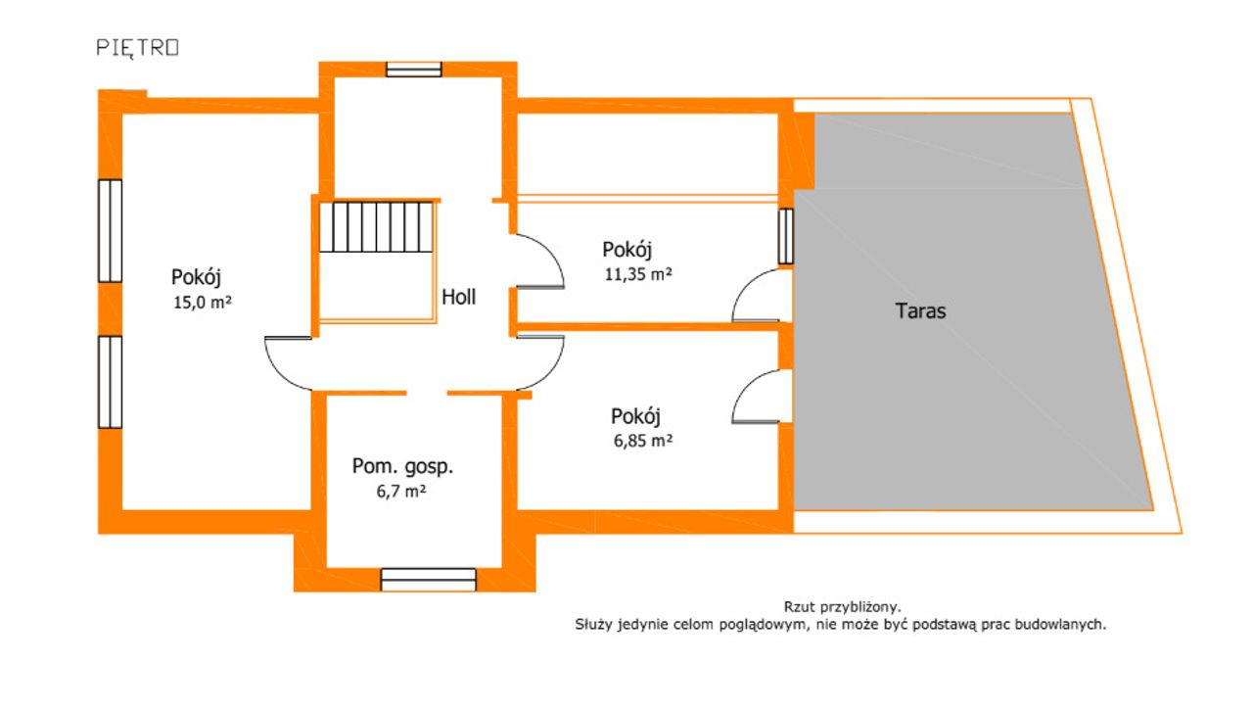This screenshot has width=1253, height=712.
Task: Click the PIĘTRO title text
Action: pyautogui.click(x=138, y=48)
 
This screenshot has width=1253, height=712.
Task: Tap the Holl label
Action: pyautogui.click(x=459, y=297)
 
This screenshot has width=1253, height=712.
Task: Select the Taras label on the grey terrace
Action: pyautogui.click(x=920, y=310)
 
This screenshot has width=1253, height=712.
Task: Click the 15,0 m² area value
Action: pyautogui.click(x=203, y=303)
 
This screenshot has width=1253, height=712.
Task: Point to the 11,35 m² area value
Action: pyautogui.click(x=638, y=274)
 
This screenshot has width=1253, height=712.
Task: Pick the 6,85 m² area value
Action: pyautogui.click(x=643, y=441)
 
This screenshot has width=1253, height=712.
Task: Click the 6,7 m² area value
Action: pyautogui.click(x=401, y=491)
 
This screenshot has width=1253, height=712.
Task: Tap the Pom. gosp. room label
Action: pyautogui.click(x=402, y=466)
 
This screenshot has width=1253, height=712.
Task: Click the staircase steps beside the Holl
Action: pyautogui.click(x=377, y=226)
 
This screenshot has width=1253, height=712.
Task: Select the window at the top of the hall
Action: pyautogui.click(x=414, y=70)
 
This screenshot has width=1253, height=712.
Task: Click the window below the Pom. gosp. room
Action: pyautogui.click(x=429, y=580)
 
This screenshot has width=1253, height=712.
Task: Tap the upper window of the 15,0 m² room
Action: pyautogui.click(x=111, y=230)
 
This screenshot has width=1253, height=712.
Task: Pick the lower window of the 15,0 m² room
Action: pyautogui.click(x=111, y=382)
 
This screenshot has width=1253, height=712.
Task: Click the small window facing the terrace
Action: pyautogui.click(x=786, y=236)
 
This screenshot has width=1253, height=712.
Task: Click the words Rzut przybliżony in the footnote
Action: pyautogui.click(x=843, y=607)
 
